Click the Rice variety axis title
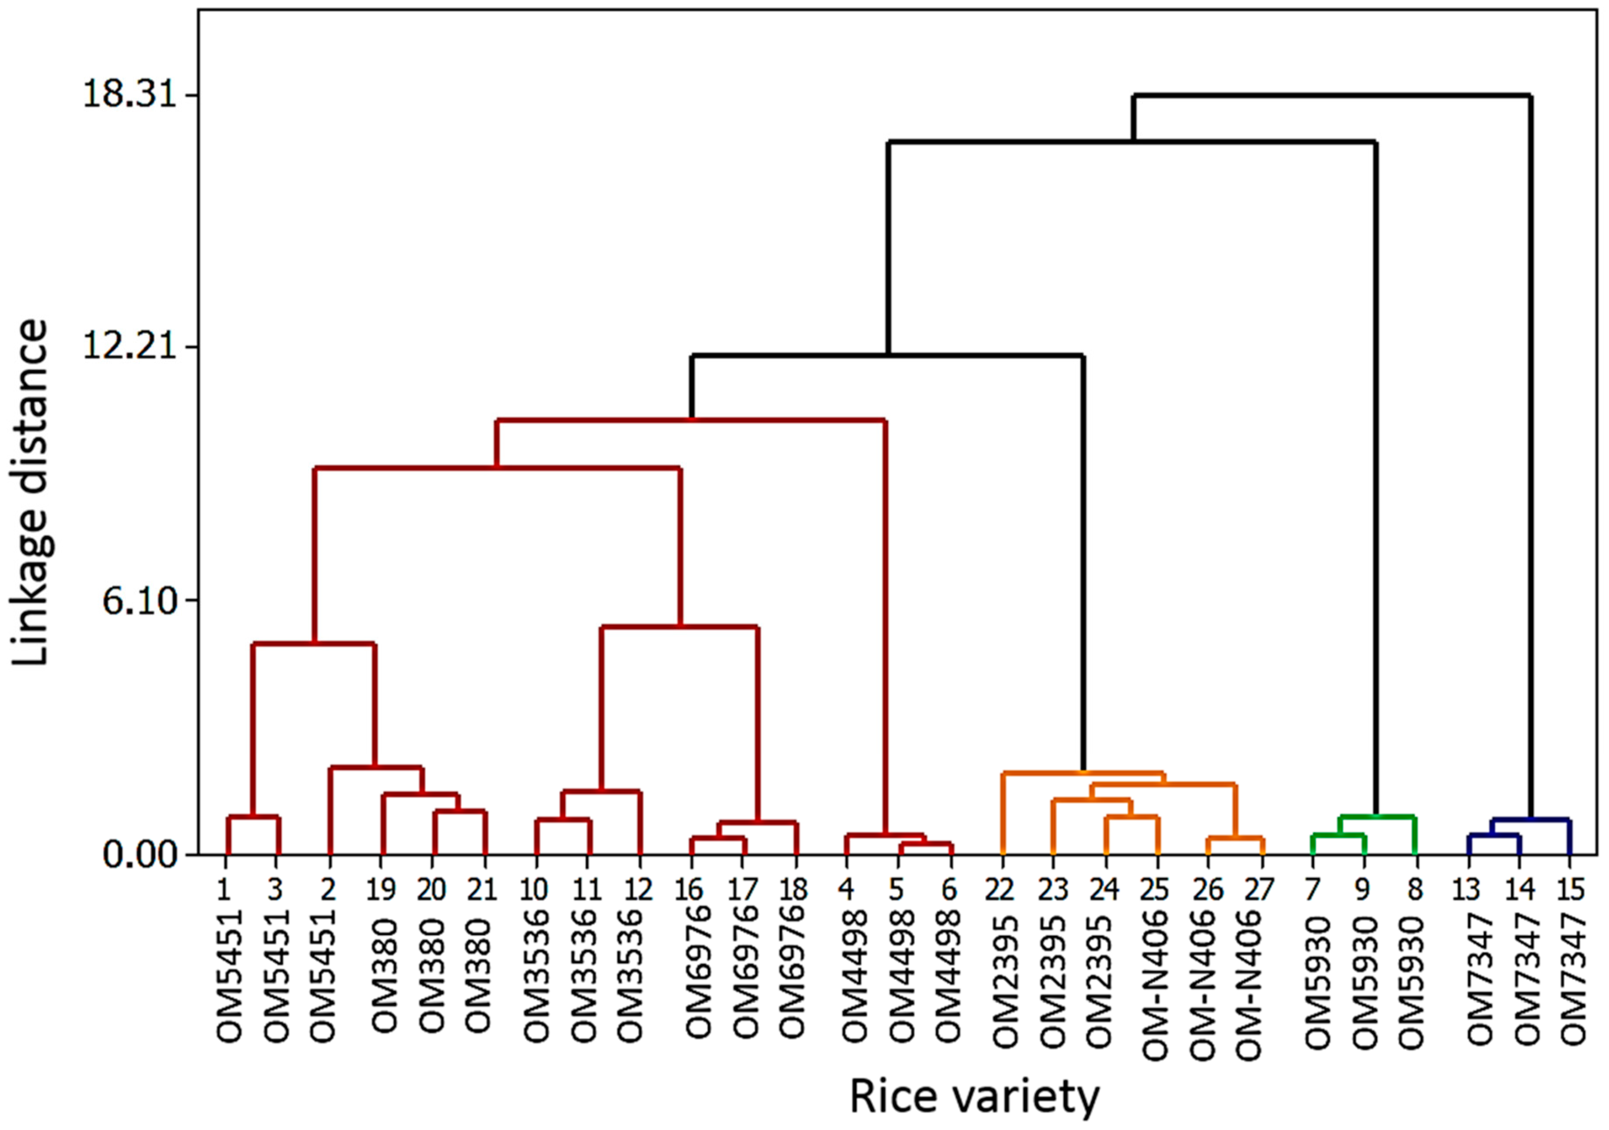pyautogui.click(x=974, y=1097)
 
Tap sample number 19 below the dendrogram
pyautogui.click(x=381, y=890)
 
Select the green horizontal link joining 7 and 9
pyautogui.click(x=1338, y=834)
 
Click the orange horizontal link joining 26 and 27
pyautogui.click(x=1235, y=838)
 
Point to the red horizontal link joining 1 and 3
pyautogui.click(x=253, y=817)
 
